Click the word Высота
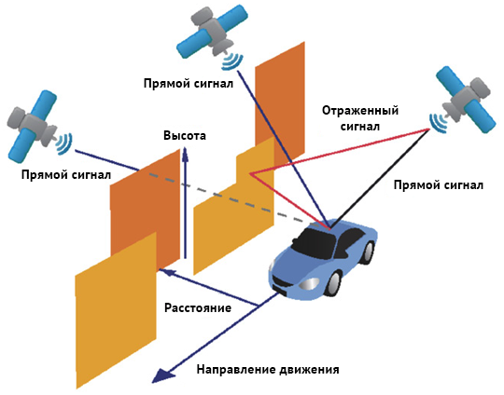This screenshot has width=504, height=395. [x=185, y=135]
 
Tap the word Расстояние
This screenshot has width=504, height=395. [x=198, y=307]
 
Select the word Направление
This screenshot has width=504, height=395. [x=235, y=369]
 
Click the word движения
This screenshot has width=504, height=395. [x=309, y=370]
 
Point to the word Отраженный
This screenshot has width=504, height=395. [x=360, y=111]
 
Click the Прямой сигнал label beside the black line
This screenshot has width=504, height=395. [x=439, y=185]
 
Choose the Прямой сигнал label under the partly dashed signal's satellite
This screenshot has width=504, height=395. [x=66, y=175]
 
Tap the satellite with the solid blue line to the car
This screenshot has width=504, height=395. [x=212, y=35]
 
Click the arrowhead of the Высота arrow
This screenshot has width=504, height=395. [x=185, y=154]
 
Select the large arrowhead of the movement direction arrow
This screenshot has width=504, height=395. [x=163, y=375]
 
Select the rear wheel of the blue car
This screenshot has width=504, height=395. [x=370, y=251]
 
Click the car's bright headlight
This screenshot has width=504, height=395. [x=309, y=283]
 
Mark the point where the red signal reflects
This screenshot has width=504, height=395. [x=250, y=174]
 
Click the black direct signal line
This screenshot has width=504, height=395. [x=380, y=178]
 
